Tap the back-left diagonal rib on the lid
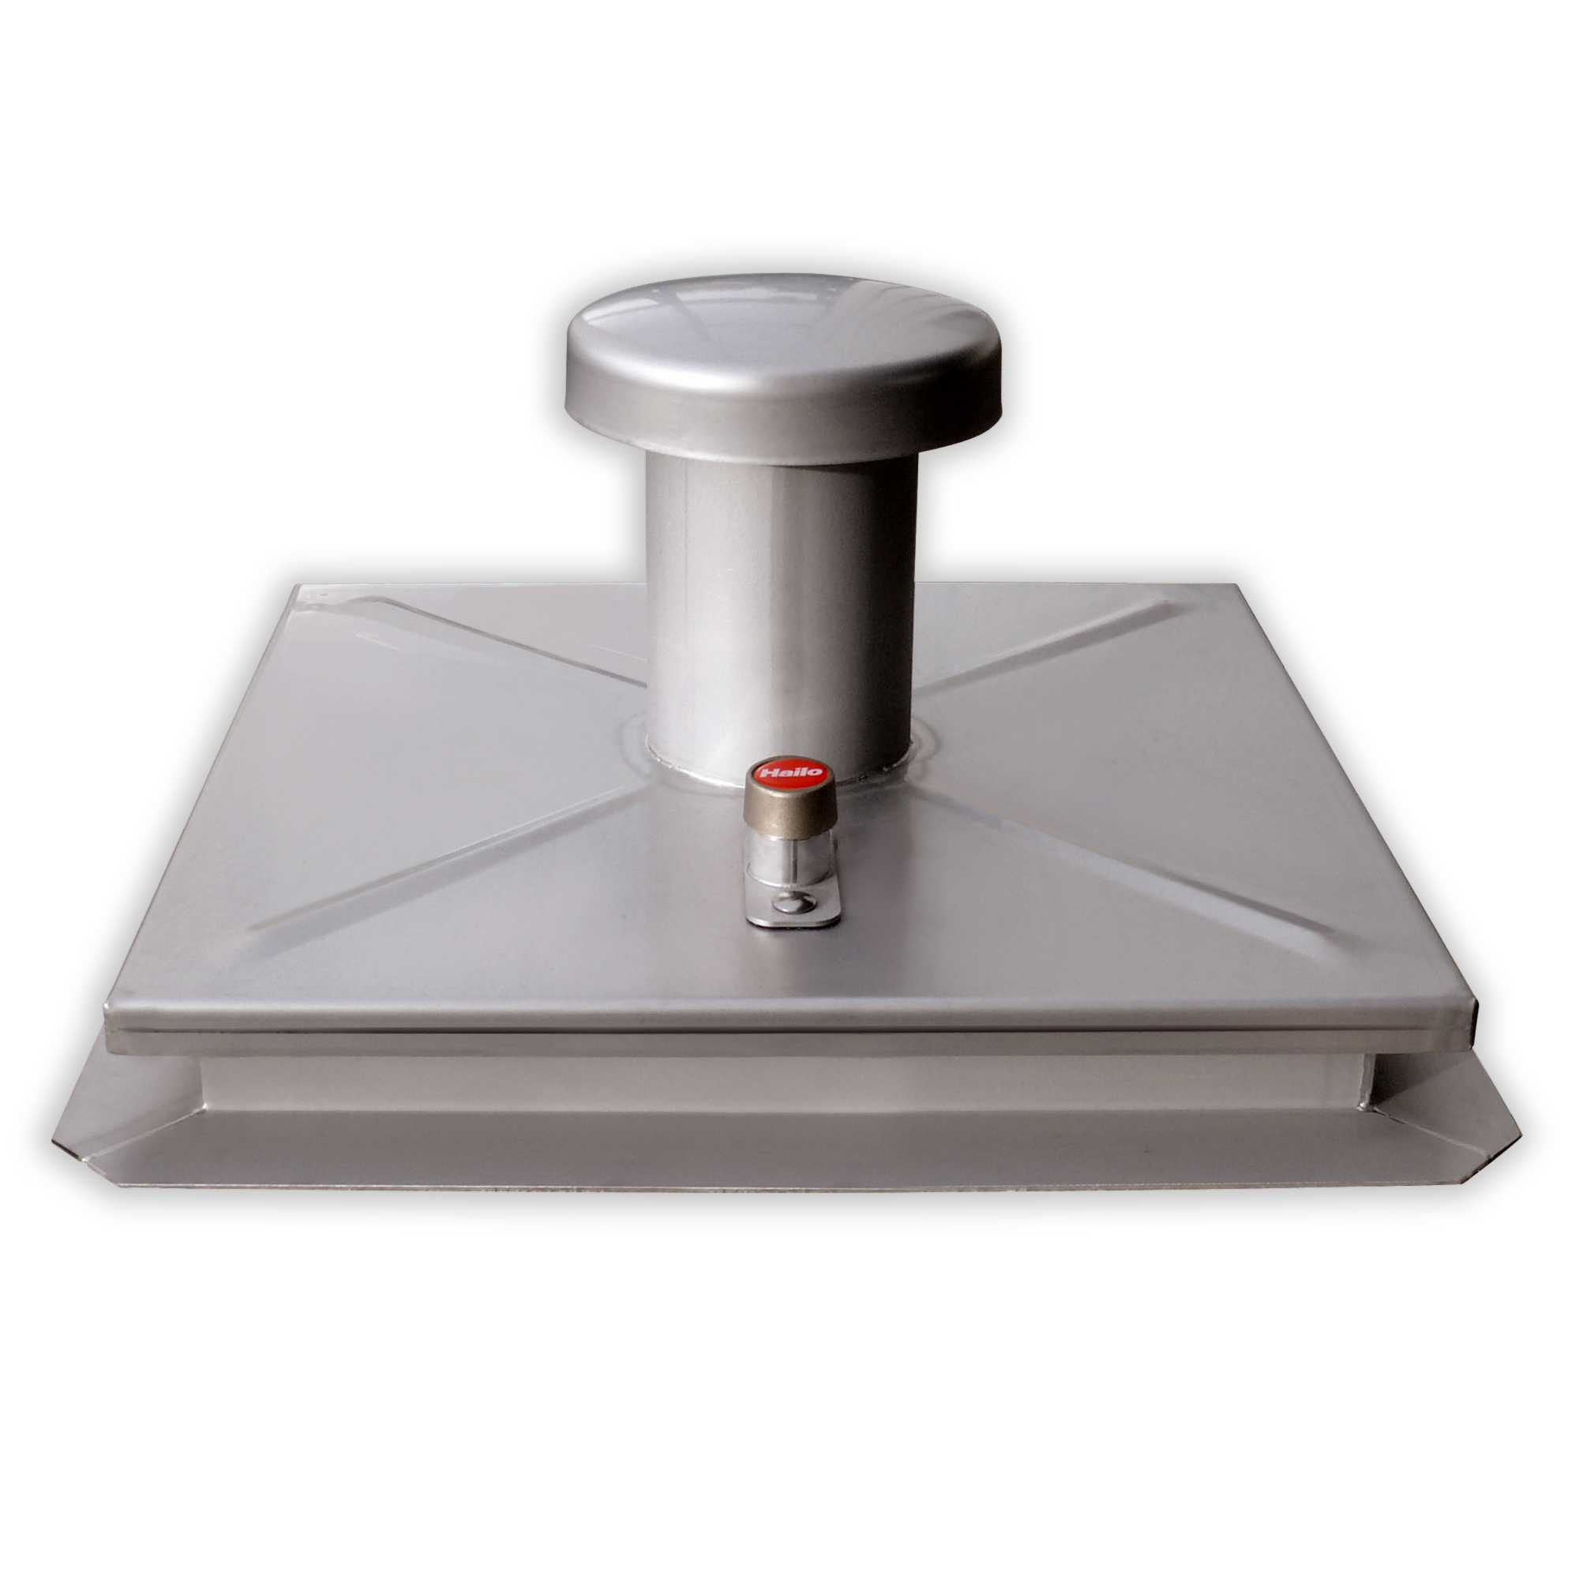pyautogui.click(x=507, y=646)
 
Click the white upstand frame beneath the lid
pyautogui.click(x=785, y=1078)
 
